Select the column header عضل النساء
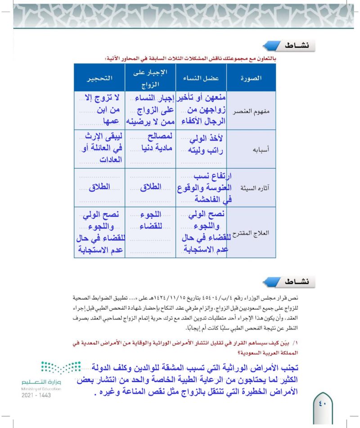click(x=200, y=78)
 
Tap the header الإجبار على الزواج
click(x=150, y=78)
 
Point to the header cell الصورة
click(x=251, y=78)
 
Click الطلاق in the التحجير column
click(x=100, y=188)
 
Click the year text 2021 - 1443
click(x=36, y=395)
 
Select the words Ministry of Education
click(x=37, y=388)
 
